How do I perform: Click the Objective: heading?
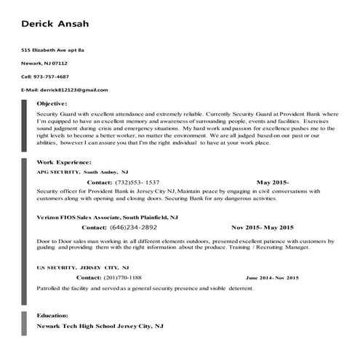(52, 104)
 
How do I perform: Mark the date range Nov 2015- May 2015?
(262, 227)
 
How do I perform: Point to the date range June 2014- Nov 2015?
(272, 278)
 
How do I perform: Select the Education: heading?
(53, 316)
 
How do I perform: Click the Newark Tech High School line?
(100, 327)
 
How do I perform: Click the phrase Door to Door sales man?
(67, 239)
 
